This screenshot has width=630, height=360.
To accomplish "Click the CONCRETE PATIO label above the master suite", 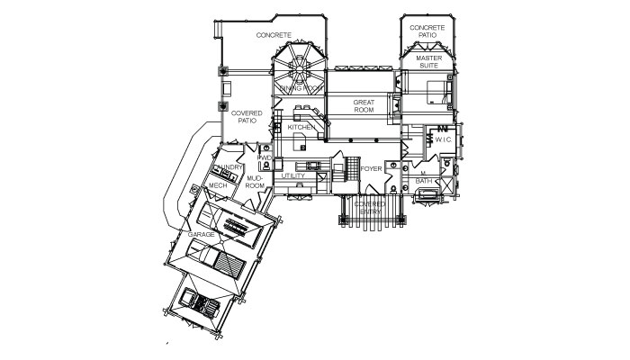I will (427, 31).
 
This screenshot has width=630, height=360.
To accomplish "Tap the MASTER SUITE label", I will (428, 62).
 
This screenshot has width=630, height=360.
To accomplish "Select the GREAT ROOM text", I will (364, 106).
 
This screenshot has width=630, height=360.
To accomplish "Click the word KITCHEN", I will (300, 128).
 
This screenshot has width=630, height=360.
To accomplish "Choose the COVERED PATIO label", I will (247, 118).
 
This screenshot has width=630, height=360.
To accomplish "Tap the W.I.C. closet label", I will (443, 139).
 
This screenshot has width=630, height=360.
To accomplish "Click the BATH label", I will (424, 181).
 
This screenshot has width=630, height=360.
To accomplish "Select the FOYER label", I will (373, 169).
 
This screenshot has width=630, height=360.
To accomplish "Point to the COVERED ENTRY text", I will (369, 208).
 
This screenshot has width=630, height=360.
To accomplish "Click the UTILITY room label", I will (292, 175).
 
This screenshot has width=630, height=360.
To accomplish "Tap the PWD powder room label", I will (265, 158).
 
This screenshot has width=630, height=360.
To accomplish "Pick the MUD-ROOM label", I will (255, 182).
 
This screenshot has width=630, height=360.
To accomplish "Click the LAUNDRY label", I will (229, 167).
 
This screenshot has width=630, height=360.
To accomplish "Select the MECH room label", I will (217, 185).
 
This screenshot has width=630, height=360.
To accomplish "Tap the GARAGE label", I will (201, 234).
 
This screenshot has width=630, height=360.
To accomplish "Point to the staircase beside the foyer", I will (342, 170).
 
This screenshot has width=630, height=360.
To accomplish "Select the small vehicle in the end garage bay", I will (200, 302).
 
